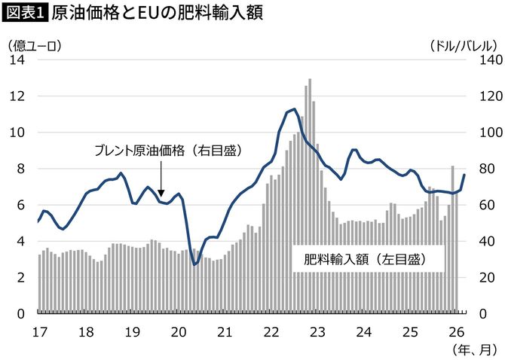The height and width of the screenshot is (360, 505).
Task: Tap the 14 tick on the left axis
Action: coord(17,60)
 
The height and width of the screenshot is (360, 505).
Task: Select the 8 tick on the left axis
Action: coord(21,169)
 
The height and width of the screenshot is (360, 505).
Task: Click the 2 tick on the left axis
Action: coord(21,277)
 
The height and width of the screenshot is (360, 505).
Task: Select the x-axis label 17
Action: coord(39,331)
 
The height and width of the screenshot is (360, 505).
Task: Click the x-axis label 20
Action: coord(179,331)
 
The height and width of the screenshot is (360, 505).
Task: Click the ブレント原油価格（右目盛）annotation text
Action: coord(167,151)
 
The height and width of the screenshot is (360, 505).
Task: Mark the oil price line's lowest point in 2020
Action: coord(194,264)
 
